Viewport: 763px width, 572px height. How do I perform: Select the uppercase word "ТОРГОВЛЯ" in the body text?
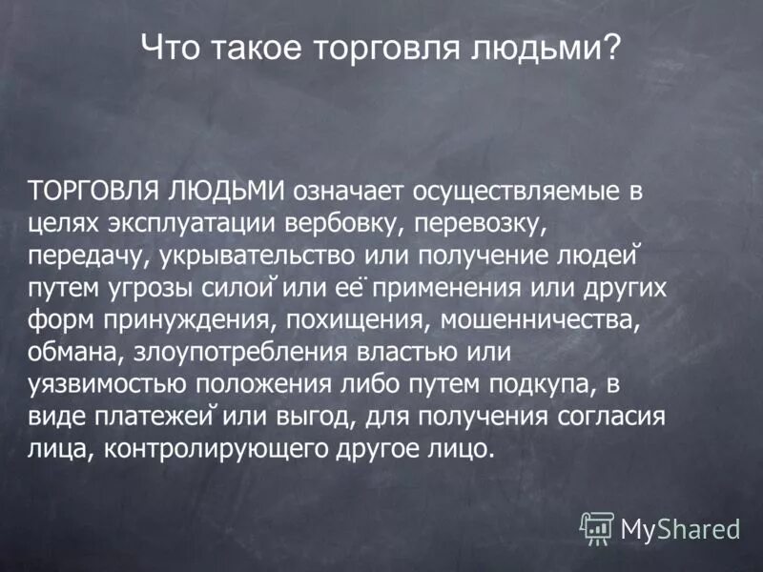click(92, 190)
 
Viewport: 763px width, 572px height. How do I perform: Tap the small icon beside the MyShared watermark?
click(597, 527)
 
